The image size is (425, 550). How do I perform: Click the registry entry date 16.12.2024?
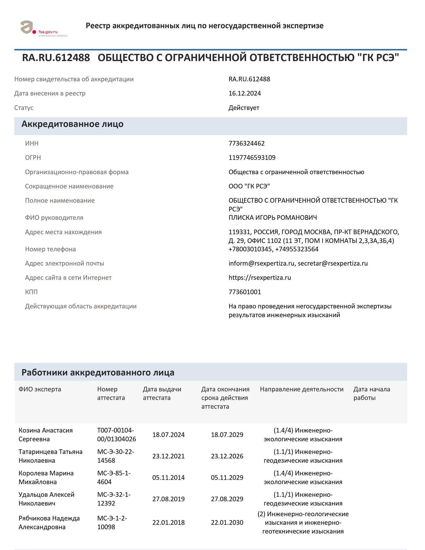tap(245, 94)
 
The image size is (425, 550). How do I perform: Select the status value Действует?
tap(244, 108)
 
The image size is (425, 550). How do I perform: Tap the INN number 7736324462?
tap(246, 143)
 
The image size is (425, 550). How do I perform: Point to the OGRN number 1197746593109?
tap(252, 158)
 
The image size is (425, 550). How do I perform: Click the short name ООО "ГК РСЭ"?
tap(249, 186)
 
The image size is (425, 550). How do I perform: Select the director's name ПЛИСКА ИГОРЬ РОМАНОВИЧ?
tap(273, 218)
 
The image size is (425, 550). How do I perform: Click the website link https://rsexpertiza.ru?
tap(260, 278)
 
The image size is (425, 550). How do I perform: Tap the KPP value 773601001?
tap(245, 292)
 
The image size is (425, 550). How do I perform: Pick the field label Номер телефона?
tap(50, 249)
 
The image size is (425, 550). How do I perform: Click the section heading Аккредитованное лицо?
tap(73, 124)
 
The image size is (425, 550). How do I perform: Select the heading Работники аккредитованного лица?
tap(98, 373)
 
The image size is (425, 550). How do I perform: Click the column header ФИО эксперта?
tap(40, 389)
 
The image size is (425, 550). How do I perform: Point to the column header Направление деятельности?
tap(301, 389)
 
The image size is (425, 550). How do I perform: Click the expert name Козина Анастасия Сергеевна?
tap(46, 435)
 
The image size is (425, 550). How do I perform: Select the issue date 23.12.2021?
tap(168, 456)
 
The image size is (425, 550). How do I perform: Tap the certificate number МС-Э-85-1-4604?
tap(114, 477)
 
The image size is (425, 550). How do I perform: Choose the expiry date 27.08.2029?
tap(227, 499)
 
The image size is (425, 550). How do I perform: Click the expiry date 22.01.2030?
tap(227, 522)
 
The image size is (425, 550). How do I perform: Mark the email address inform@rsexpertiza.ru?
tap(261, 263)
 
